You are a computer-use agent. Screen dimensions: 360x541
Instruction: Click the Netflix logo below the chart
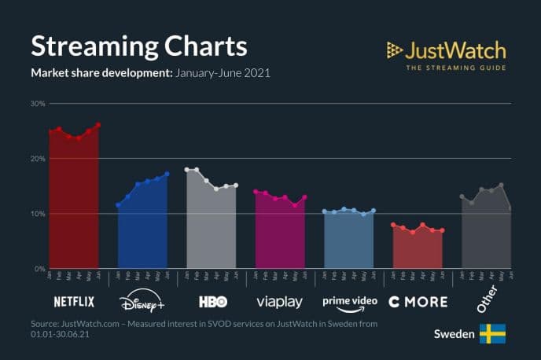74,302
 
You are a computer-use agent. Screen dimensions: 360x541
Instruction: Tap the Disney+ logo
142,302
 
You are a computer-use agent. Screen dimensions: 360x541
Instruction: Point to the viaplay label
280,302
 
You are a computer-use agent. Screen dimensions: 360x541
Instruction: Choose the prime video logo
349,302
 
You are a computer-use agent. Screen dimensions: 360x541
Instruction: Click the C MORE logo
418,302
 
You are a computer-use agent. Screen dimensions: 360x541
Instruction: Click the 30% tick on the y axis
38,104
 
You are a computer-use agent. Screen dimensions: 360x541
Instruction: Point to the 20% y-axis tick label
38,159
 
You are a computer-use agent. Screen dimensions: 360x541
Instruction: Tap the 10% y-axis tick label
38,214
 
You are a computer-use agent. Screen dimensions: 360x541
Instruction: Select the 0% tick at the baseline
40,269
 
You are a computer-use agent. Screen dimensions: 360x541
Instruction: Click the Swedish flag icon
492,334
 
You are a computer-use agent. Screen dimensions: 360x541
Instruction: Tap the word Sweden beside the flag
454,334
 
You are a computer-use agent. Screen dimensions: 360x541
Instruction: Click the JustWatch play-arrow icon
395,51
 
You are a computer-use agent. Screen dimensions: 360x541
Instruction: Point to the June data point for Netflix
98,125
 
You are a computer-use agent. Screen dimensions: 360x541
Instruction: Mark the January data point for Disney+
118,205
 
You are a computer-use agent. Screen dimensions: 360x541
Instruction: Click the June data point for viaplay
304,197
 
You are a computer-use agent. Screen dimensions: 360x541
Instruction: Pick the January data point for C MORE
393,225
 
